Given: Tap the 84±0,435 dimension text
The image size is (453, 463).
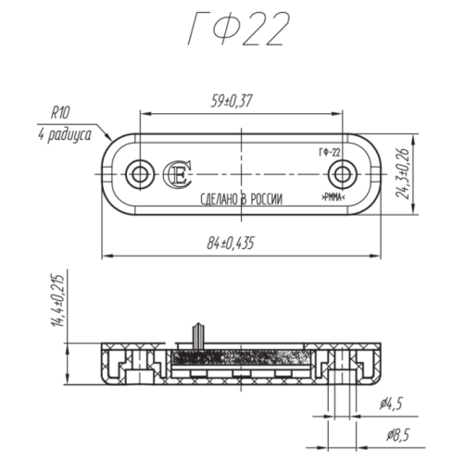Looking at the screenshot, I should tap(230, 243).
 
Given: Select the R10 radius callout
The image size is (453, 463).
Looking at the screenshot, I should tap(61, 113).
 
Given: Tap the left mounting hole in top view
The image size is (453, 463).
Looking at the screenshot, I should tap(140, 172).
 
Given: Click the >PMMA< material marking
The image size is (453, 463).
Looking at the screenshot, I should tap(333, 198).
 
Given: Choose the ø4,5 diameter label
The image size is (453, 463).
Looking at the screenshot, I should tap(391, 404).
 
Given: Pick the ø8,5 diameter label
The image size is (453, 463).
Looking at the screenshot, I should tap(391, 432).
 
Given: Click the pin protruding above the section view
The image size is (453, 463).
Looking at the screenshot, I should tap(195, 332).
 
